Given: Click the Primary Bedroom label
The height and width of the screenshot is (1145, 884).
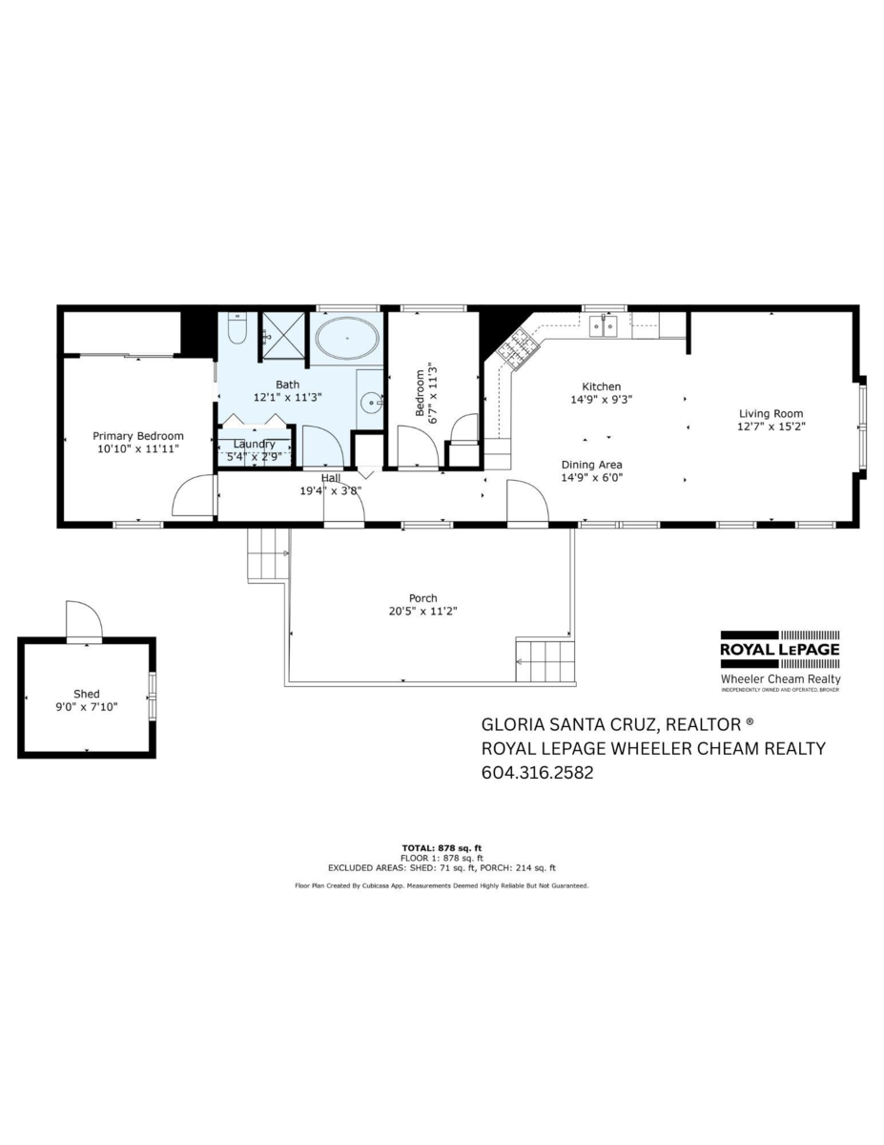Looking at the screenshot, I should [139, 436].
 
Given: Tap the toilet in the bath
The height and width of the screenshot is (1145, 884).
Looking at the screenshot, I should [237, 331].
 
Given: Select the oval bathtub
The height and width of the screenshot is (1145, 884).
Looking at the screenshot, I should [346, 338].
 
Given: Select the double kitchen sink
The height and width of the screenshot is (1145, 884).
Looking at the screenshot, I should [603, 327].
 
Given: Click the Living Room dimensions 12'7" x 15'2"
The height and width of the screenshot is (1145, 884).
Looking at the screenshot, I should [772, 427].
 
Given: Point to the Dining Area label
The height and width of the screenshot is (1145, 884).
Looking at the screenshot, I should [591, 465].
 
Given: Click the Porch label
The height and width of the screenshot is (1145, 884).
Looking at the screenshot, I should [422, 598].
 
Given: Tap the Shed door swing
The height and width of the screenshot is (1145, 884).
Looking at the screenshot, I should [83, 620].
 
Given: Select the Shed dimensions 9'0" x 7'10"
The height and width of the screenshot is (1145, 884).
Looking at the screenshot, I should [86, 707].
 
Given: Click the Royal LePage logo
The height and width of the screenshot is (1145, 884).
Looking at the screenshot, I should [779, 649].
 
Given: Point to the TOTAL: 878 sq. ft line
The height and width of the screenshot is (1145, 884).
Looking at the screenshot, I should [442, 847].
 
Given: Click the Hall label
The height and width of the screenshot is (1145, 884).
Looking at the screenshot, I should [330, 478].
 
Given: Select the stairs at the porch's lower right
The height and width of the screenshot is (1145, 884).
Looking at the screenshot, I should [545, 661].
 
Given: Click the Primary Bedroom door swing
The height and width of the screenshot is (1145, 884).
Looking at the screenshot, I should [192, 496].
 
